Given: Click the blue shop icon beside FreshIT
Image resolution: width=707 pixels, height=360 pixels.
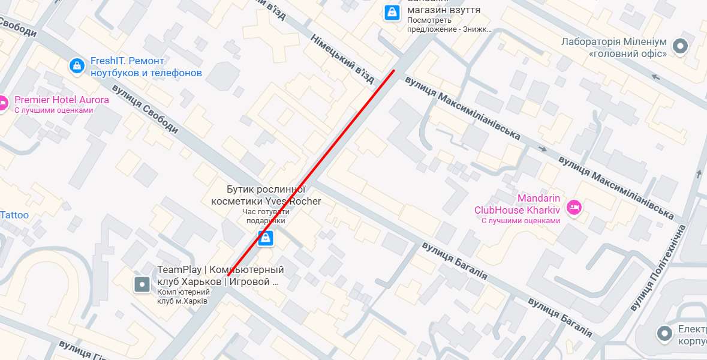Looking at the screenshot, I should (x=77, y=65).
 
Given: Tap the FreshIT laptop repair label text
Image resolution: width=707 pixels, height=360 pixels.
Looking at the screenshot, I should (x=146, y=67).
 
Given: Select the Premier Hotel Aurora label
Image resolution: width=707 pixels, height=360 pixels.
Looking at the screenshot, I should (x=61, y=100).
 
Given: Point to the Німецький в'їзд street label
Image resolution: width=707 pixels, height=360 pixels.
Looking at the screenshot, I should (x=342, y=58).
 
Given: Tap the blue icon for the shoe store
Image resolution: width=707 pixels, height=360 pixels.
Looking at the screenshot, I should (x=392, y=12).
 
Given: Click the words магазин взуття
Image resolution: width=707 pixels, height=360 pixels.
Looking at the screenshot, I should (x=444, y=10).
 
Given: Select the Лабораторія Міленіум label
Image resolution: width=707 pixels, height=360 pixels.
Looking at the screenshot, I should (x=614, y=47).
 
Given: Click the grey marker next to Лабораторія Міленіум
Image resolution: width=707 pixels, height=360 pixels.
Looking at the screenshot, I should (x=680, y=46).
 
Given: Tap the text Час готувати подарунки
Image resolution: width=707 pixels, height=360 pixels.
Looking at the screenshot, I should (x=266, y=216).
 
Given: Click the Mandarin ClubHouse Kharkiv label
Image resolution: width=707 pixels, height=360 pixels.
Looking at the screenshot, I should (x=517, y=204).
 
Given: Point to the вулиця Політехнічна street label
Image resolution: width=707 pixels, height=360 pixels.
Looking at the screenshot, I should (x=658, y=268).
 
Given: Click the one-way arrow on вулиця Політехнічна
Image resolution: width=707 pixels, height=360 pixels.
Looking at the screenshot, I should (x=699, y=174).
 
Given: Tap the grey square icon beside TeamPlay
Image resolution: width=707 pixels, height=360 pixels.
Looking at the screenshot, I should (x=142, y=284).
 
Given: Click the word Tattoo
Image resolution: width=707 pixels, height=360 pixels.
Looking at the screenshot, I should (x=14, y=215).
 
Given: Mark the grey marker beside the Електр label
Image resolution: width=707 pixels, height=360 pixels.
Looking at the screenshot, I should (x=664, y=333).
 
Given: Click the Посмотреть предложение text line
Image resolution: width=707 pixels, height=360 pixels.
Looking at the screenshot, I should (x=449, y=29).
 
